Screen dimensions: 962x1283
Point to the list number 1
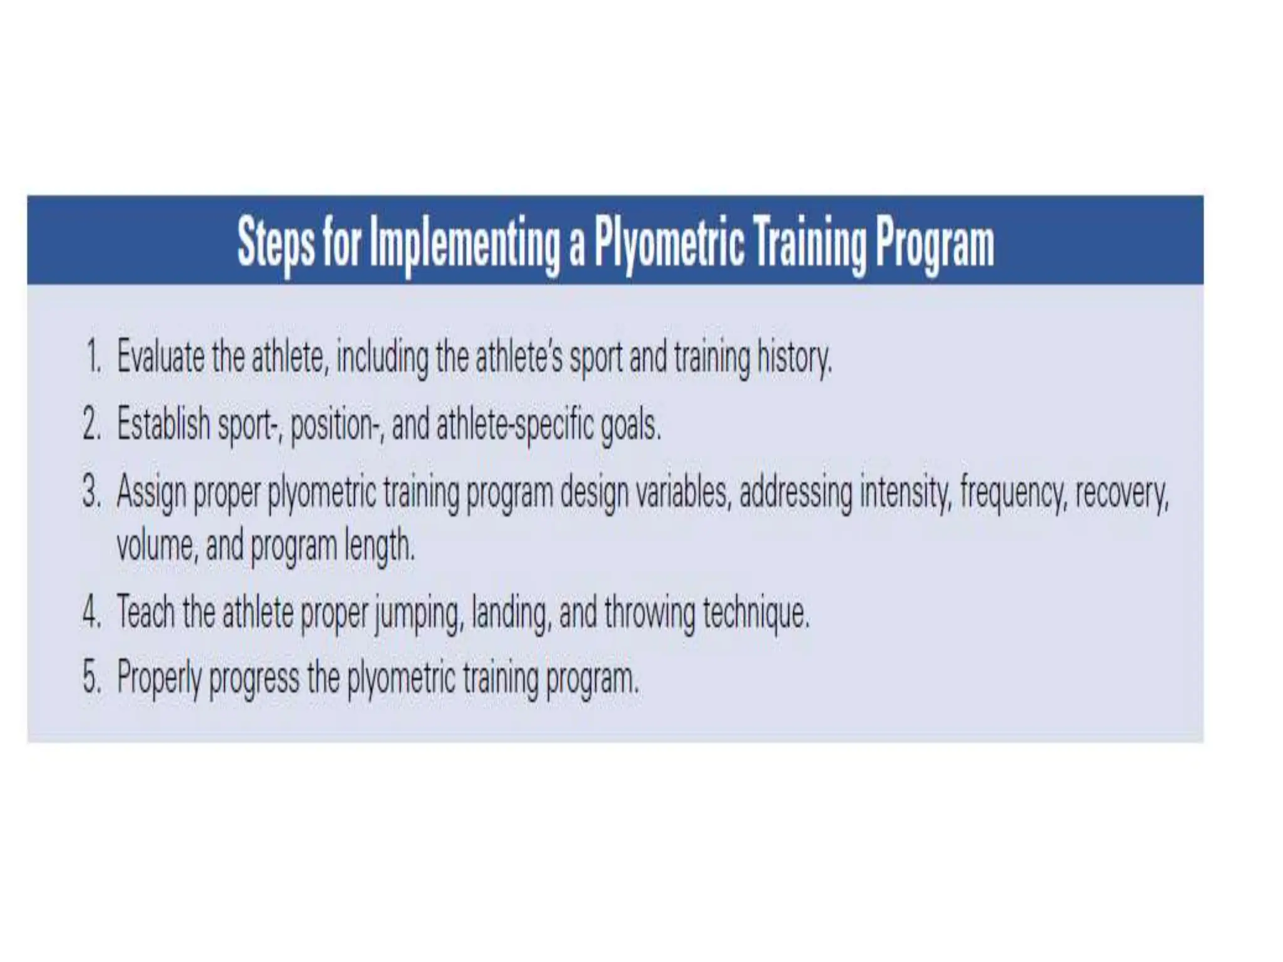[x=93, y=358]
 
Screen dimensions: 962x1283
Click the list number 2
[x=91, y=424]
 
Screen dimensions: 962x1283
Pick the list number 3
[x=91, y=492]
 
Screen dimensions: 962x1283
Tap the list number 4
[x=91, y=612]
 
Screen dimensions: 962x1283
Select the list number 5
[x=91, y=678]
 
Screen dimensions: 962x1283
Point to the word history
[x=794, y=358]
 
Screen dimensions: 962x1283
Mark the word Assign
[x=152, y=493]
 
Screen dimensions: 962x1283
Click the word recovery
[x=1122, y=493]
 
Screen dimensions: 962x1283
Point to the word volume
[x=157, y=546]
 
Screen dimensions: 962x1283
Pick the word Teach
[x=146, y=611]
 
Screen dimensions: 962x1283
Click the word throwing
[x=650, y=613]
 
